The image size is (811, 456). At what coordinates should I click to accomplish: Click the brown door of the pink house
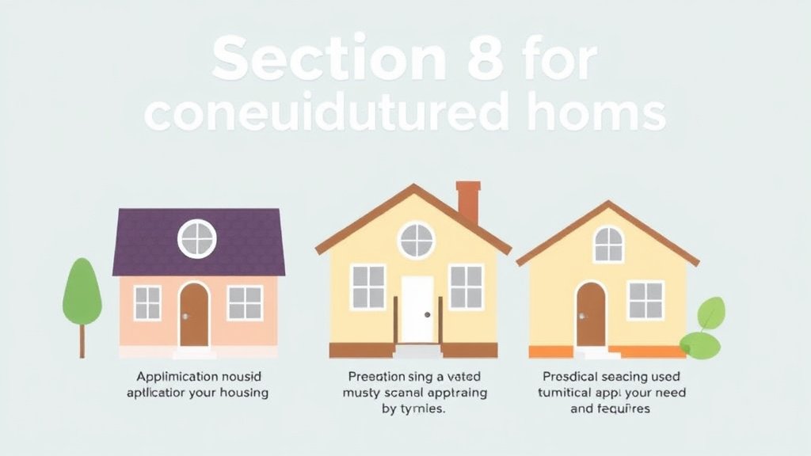(194, 314)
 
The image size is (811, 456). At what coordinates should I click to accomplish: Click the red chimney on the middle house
(468, 201)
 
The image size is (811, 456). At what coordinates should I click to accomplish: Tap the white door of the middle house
(417, 310)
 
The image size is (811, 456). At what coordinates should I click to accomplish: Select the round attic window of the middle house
(416, 239)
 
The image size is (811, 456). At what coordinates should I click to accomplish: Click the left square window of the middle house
(367, 287)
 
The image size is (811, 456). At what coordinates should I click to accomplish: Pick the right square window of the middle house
(466, 287)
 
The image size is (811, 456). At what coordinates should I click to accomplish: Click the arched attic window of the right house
(608, 244)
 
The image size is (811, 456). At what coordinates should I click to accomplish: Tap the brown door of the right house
(591, 314)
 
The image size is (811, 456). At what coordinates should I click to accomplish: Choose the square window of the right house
(645, 300)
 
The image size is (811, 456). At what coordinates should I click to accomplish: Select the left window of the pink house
(147, 302)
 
